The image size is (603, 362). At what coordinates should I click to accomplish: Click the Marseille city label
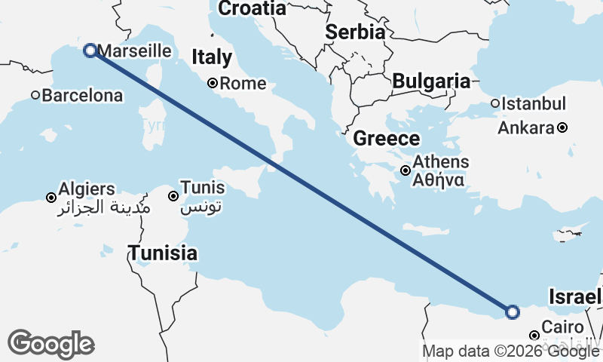point(135,51)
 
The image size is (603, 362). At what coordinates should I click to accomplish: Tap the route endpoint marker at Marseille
point(90,51)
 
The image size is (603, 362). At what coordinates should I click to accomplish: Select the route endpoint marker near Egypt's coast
point(513,311)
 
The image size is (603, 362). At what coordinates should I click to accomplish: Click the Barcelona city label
point(82,96)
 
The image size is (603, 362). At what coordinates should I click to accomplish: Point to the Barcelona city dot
point(35,95)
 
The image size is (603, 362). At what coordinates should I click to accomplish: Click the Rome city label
point(243,84)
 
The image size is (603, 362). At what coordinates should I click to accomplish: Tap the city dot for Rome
point(213,83)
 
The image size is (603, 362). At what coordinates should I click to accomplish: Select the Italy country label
point(212,57)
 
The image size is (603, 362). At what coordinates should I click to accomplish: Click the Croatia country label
point(252,8)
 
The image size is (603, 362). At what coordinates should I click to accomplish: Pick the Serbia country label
point(356,32)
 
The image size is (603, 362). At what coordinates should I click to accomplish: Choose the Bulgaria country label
point(431,81)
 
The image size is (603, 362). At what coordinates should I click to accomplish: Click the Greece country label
point(386,138)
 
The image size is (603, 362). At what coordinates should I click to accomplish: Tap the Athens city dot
point(406,170)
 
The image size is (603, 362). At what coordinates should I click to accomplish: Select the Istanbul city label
point(533,103)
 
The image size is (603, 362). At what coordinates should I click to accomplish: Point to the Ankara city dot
point(562,127)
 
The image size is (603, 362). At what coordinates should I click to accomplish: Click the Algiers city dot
point(51,198)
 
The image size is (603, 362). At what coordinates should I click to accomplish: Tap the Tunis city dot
point(173,196)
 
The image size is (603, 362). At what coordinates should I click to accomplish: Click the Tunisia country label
point(163,253)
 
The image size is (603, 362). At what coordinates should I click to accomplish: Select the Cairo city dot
point(534,335)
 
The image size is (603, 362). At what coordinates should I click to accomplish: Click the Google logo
point(51,344)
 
